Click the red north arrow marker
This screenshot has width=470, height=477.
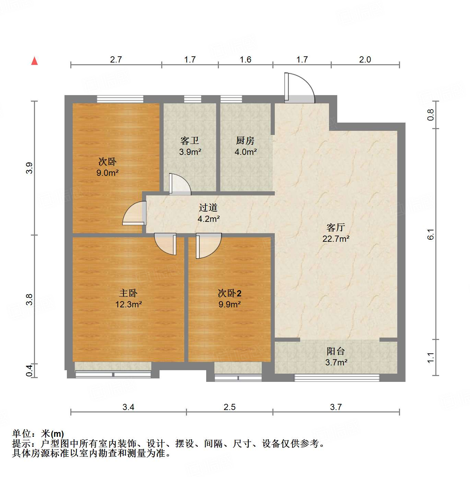(34, 61)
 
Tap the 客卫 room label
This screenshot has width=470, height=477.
(190, 141)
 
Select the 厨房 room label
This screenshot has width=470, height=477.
(245, 141)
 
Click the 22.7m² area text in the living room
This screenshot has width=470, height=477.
(336, 239)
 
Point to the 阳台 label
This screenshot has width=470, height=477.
(336, 351)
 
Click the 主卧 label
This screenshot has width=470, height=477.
(128, 293)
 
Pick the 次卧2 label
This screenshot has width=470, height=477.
(230, 293)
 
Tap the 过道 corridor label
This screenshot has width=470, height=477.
(208, 208)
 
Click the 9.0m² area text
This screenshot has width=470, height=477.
(107, 173)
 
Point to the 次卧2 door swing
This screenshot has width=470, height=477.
(208, 245)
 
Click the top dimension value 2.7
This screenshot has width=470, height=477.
(116, 60)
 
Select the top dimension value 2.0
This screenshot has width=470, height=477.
(365, 60)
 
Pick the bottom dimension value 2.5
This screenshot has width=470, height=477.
(230, 407)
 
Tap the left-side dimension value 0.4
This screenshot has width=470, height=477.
(30, 370)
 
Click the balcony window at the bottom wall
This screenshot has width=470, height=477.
(337, 378)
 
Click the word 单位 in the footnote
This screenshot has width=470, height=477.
(21, 434)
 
